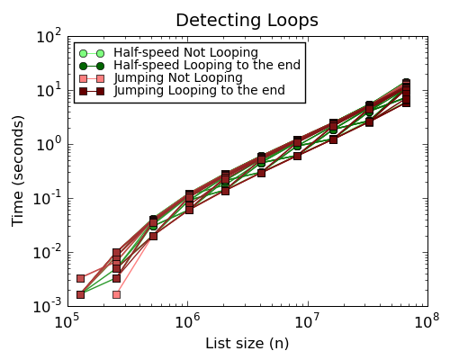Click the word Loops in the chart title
click(x=289, y=20)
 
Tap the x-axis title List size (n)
click(x=246, y=343)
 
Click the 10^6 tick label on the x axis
click(x=187, y=321)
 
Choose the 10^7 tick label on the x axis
click(x=308, y=321)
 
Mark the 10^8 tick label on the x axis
click(x=428, y=321)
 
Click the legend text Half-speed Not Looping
click(x=185, y=53)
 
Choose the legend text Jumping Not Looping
click(x=178, y=78)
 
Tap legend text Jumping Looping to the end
click(x=199, y=91)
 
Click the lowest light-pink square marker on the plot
click(x=116, y=294)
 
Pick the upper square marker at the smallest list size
click(x=80, y=279)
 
